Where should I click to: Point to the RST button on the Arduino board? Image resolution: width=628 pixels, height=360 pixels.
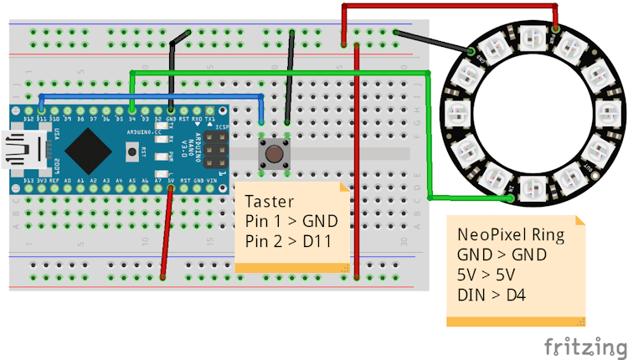pyautogui.click(x=131, y=152)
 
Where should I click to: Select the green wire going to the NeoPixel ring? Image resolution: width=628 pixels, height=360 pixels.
pyautogui.click(x=430, y=134)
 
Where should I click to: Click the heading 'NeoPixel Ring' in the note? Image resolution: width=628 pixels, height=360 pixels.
pyautogui.click(x=511, y=234)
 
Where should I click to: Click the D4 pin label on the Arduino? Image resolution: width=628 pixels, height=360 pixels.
pyautogui.click(x=132, y=119)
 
